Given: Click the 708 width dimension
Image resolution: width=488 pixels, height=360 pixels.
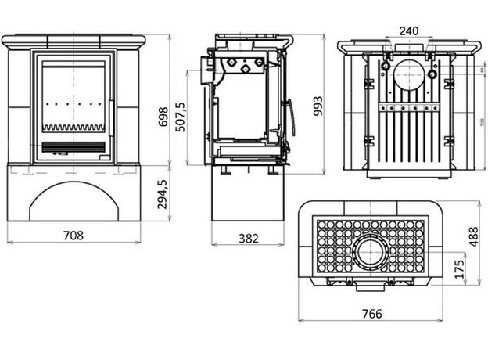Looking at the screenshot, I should point(74,235).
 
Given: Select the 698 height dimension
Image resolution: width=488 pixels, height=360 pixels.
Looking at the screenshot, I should point(163,117).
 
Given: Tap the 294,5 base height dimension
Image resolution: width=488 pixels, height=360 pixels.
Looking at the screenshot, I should point(163,194).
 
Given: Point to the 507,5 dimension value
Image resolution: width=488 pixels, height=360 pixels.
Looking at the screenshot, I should point(182,117).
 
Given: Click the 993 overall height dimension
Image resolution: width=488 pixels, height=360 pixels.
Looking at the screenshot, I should point(317,111).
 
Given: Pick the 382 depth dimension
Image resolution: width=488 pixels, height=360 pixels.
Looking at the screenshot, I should point(248,238).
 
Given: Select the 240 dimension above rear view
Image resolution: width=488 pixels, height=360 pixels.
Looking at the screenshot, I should point(408,31).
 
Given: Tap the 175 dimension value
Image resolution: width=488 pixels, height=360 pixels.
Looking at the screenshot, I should point(460,268).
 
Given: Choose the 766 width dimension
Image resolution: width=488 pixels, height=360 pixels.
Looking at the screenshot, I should point(373,314).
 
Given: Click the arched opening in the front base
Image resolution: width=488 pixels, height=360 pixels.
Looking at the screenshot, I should point(74,203).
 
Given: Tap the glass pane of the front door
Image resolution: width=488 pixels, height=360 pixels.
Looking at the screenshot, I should point(74,94).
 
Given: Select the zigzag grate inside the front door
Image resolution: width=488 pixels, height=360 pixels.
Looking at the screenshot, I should point(74,128).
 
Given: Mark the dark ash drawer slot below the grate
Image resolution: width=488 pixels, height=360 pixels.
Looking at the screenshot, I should point(74,146).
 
